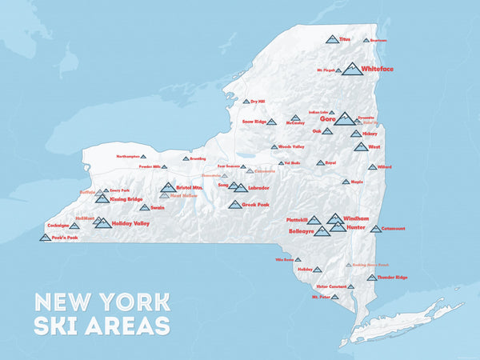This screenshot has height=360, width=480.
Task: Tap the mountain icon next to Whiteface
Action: tap(352, 69)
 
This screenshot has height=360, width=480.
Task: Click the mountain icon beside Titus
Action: tap(331, 38)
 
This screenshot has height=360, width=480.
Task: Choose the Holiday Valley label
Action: tap(130, 223)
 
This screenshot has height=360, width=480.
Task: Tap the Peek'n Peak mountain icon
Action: tap(46, 237)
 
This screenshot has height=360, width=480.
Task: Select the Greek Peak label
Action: tap(255, 205)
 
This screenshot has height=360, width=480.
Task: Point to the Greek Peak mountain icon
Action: tap(234, 205)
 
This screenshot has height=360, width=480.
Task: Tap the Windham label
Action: tap(356, 218)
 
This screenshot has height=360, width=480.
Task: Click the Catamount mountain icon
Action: tap(375, 229)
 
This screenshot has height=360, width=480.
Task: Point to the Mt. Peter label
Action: tap(320, 297)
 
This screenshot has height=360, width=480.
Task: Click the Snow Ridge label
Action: tap(254, 122)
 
